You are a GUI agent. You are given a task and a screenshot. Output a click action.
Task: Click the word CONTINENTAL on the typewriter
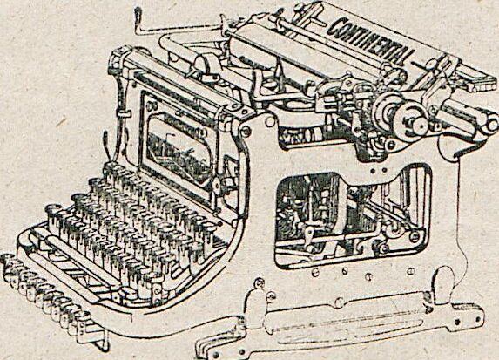(369, 40)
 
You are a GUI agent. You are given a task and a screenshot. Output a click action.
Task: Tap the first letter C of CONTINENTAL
(334, 27)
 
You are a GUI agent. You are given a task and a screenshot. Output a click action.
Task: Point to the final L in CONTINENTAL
(406, 58)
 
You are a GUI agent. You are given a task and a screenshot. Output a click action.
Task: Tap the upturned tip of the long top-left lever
(138, 13)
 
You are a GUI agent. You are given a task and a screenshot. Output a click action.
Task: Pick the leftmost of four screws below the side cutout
(315, 273)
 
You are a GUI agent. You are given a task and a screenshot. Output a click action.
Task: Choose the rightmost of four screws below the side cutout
(411, 271)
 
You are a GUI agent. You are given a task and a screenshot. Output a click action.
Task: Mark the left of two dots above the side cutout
(374, 171)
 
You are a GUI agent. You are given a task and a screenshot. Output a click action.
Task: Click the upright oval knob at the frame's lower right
(444, 282)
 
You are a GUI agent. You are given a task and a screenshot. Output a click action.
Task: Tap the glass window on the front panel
(179, 153)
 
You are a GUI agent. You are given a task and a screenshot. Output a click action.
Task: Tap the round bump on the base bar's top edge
(340, 301)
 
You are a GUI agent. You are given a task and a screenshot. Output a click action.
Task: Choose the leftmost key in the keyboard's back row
(111, 168)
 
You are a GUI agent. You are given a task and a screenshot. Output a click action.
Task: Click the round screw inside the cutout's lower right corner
(415, 236)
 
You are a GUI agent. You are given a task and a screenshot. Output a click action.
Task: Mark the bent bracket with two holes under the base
(223, 350)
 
